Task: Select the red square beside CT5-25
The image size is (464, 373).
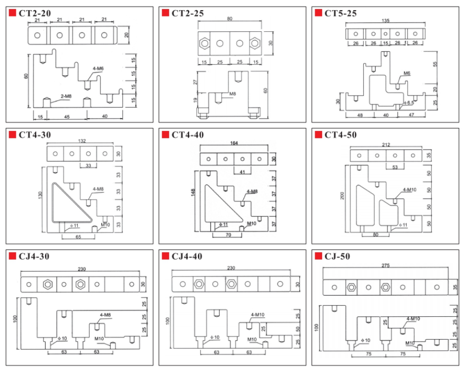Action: tap(318, 13)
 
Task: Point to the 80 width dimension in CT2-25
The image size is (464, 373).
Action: tap(229, 19)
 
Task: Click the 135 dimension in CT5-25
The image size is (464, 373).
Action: tap(386, 21)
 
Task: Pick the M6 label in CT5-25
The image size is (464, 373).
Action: tap(407, 73)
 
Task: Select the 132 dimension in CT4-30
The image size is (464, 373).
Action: tap(81, 141)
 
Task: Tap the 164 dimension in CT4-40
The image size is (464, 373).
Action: tap(234, 143)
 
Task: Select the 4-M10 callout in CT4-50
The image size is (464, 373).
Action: tap(409, 189)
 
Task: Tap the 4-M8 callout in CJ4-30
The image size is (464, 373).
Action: tap(105, 315)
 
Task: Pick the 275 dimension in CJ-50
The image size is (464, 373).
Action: tap(385, 266)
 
